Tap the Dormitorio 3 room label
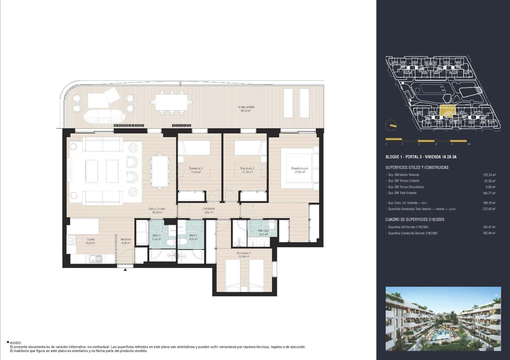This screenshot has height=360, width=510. pyautogui.click(x=196, y=170)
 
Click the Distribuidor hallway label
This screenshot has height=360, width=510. pyautogui.click(x=209, y=210)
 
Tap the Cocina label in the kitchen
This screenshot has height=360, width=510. pyautogui.click(x=91, y=241)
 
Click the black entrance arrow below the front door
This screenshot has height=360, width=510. pyautogui.click(x=125, y=270)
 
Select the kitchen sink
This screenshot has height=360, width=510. pyautogui.click(x=95, y=259)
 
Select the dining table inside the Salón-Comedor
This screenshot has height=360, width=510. pyautogui.click(x=159, y=171)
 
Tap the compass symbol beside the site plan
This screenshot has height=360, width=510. pyautogui.click(x=390, y=125)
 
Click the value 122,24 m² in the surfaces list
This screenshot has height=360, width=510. pyautogui.click(x=489, y=175)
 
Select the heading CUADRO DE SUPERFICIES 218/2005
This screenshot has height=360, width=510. pyautogui.click(x=415, y=220)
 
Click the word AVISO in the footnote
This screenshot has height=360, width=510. pyautogui.click(x=15, y=343)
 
